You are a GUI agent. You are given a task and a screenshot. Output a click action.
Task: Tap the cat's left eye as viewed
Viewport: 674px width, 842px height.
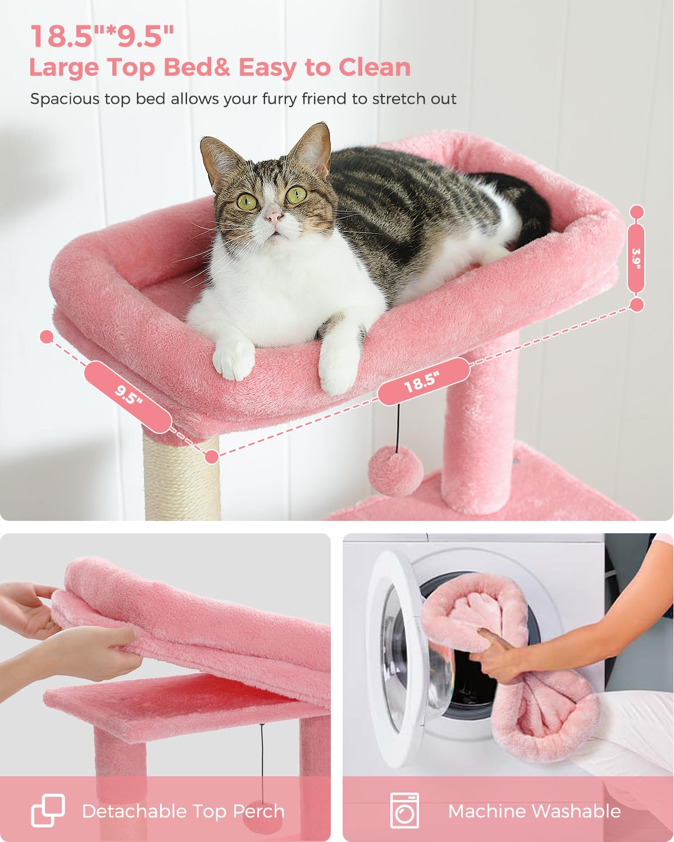click(247, 202)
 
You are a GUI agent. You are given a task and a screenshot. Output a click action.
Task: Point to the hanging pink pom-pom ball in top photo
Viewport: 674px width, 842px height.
click(395, 473)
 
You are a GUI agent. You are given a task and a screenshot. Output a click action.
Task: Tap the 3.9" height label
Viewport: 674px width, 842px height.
click(636, 259)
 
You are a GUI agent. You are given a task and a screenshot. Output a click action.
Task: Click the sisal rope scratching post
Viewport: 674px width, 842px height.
click(181, 477)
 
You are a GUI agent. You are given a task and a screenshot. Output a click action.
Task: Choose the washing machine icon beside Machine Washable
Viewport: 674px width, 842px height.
click(404, 811)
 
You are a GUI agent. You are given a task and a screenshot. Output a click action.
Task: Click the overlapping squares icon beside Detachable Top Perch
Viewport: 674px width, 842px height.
click(48, 811)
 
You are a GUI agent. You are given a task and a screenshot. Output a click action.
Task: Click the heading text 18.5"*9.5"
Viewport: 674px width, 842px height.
click(102, 36)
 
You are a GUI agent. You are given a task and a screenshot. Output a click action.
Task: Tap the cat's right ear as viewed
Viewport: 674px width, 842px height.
click(312, 147)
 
